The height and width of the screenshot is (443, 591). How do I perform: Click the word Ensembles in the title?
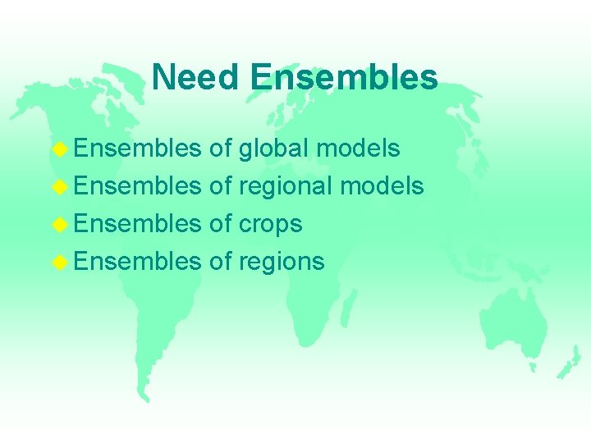click(x=344, y=77)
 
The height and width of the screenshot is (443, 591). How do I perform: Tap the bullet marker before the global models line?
click(x=59, y=149)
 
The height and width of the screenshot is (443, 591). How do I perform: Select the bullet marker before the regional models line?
click(x=59, y=187)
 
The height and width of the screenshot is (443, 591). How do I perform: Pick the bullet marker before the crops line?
click(x=59, y=225)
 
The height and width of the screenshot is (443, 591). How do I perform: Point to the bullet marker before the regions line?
click(x=59, y=263)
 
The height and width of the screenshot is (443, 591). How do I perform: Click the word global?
click(x=273, y=148)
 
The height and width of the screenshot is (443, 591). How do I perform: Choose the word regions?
click(x=282, y=263)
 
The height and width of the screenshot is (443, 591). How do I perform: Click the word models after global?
click(x=359, y=148)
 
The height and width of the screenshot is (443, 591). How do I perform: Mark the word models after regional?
click(x=382, y=186)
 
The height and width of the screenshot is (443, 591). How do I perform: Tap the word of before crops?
click(x=221, y=224)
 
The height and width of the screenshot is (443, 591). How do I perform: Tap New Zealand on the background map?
click(x=569, y=361)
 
